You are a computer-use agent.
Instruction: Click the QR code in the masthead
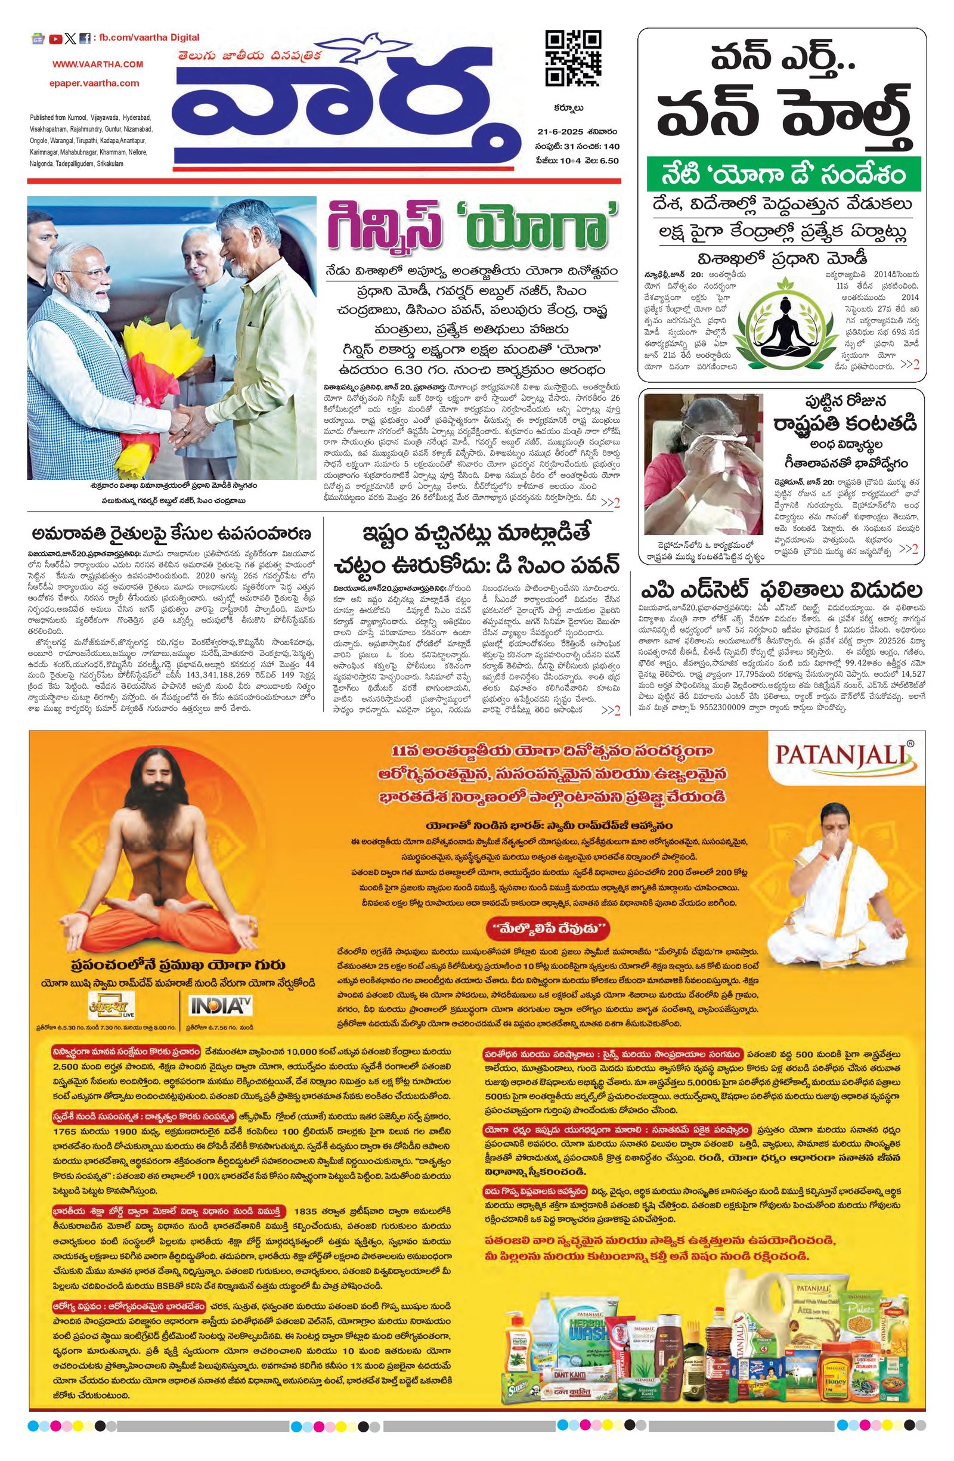[573, 58]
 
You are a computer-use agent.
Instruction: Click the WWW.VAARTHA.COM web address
[98, 64]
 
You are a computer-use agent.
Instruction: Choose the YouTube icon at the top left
[55, 39]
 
